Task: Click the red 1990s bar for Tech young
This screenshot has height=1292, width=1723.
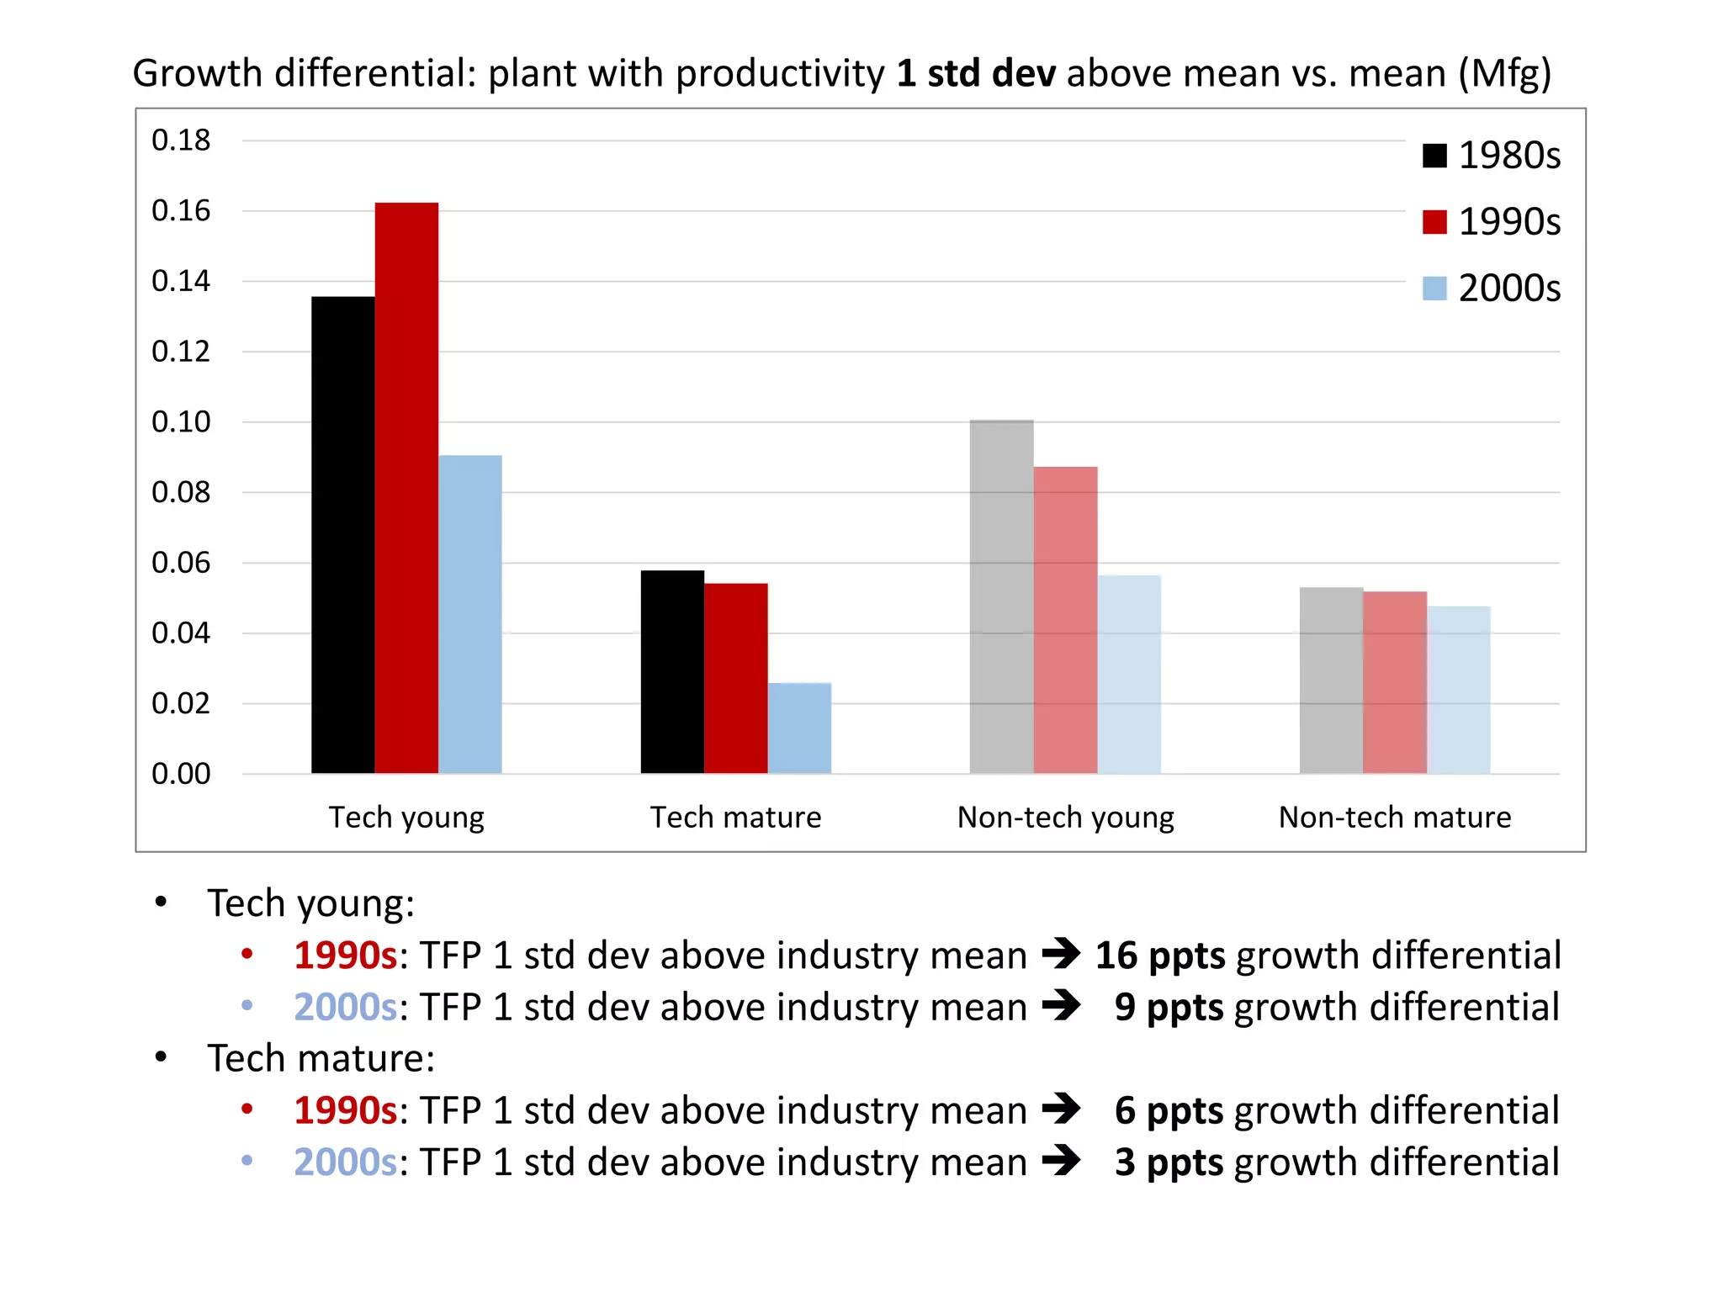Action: click(406, 488)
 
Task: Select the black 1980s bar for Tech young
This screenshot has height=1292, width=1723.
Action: click(343, 535)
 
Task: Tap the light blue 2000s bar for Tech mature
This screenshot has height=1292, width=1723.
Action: click(799, 728)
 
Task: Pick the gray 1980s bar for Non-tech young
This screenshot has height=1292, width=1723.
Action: click(1001, 597)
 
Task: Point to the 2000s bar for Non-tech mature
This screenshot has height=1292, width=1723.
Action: click(1458, 690)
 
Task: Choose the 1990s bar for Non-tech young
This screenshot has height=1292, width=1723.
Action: click(1065, 620)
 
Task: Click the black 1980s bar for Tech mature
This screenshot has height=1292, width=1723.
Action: click(672, 672)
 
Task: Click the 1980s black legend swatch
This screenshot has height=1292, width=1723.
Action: click(1434, 156)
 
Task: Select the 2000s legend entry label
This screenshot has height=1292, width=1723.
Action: click(1509, 289)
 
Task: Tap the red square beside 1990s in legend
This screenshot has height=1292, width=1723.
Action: click(1434, 222)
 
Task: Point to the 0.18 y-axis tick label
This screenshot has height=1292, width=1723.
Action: click(181, 140)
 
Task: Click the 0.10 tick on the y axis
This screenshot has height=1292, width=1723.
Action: click(181, 421)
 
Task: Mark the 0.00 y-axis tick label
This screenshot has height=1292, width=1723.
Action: click(181, 774)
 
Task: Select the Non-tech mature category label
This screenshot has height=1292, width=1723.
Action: click(1395, 818)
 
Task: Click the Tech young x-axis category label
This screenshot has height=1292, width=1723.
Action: click(406, 818)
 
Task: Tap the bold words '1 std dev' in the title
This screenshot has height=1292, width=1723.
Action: click(976, 74)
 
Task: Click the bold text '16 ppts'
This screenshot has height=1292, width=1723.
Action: click(1160, 956)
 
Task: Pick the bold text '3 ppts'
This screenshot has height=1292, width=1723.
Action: click(1169, 1162)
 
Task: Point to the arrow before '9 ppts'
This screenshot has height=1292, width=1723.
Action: click(1061, 1005)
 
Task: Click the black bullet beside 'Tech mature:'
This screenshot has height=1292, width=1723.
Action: click(162, 1057)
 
